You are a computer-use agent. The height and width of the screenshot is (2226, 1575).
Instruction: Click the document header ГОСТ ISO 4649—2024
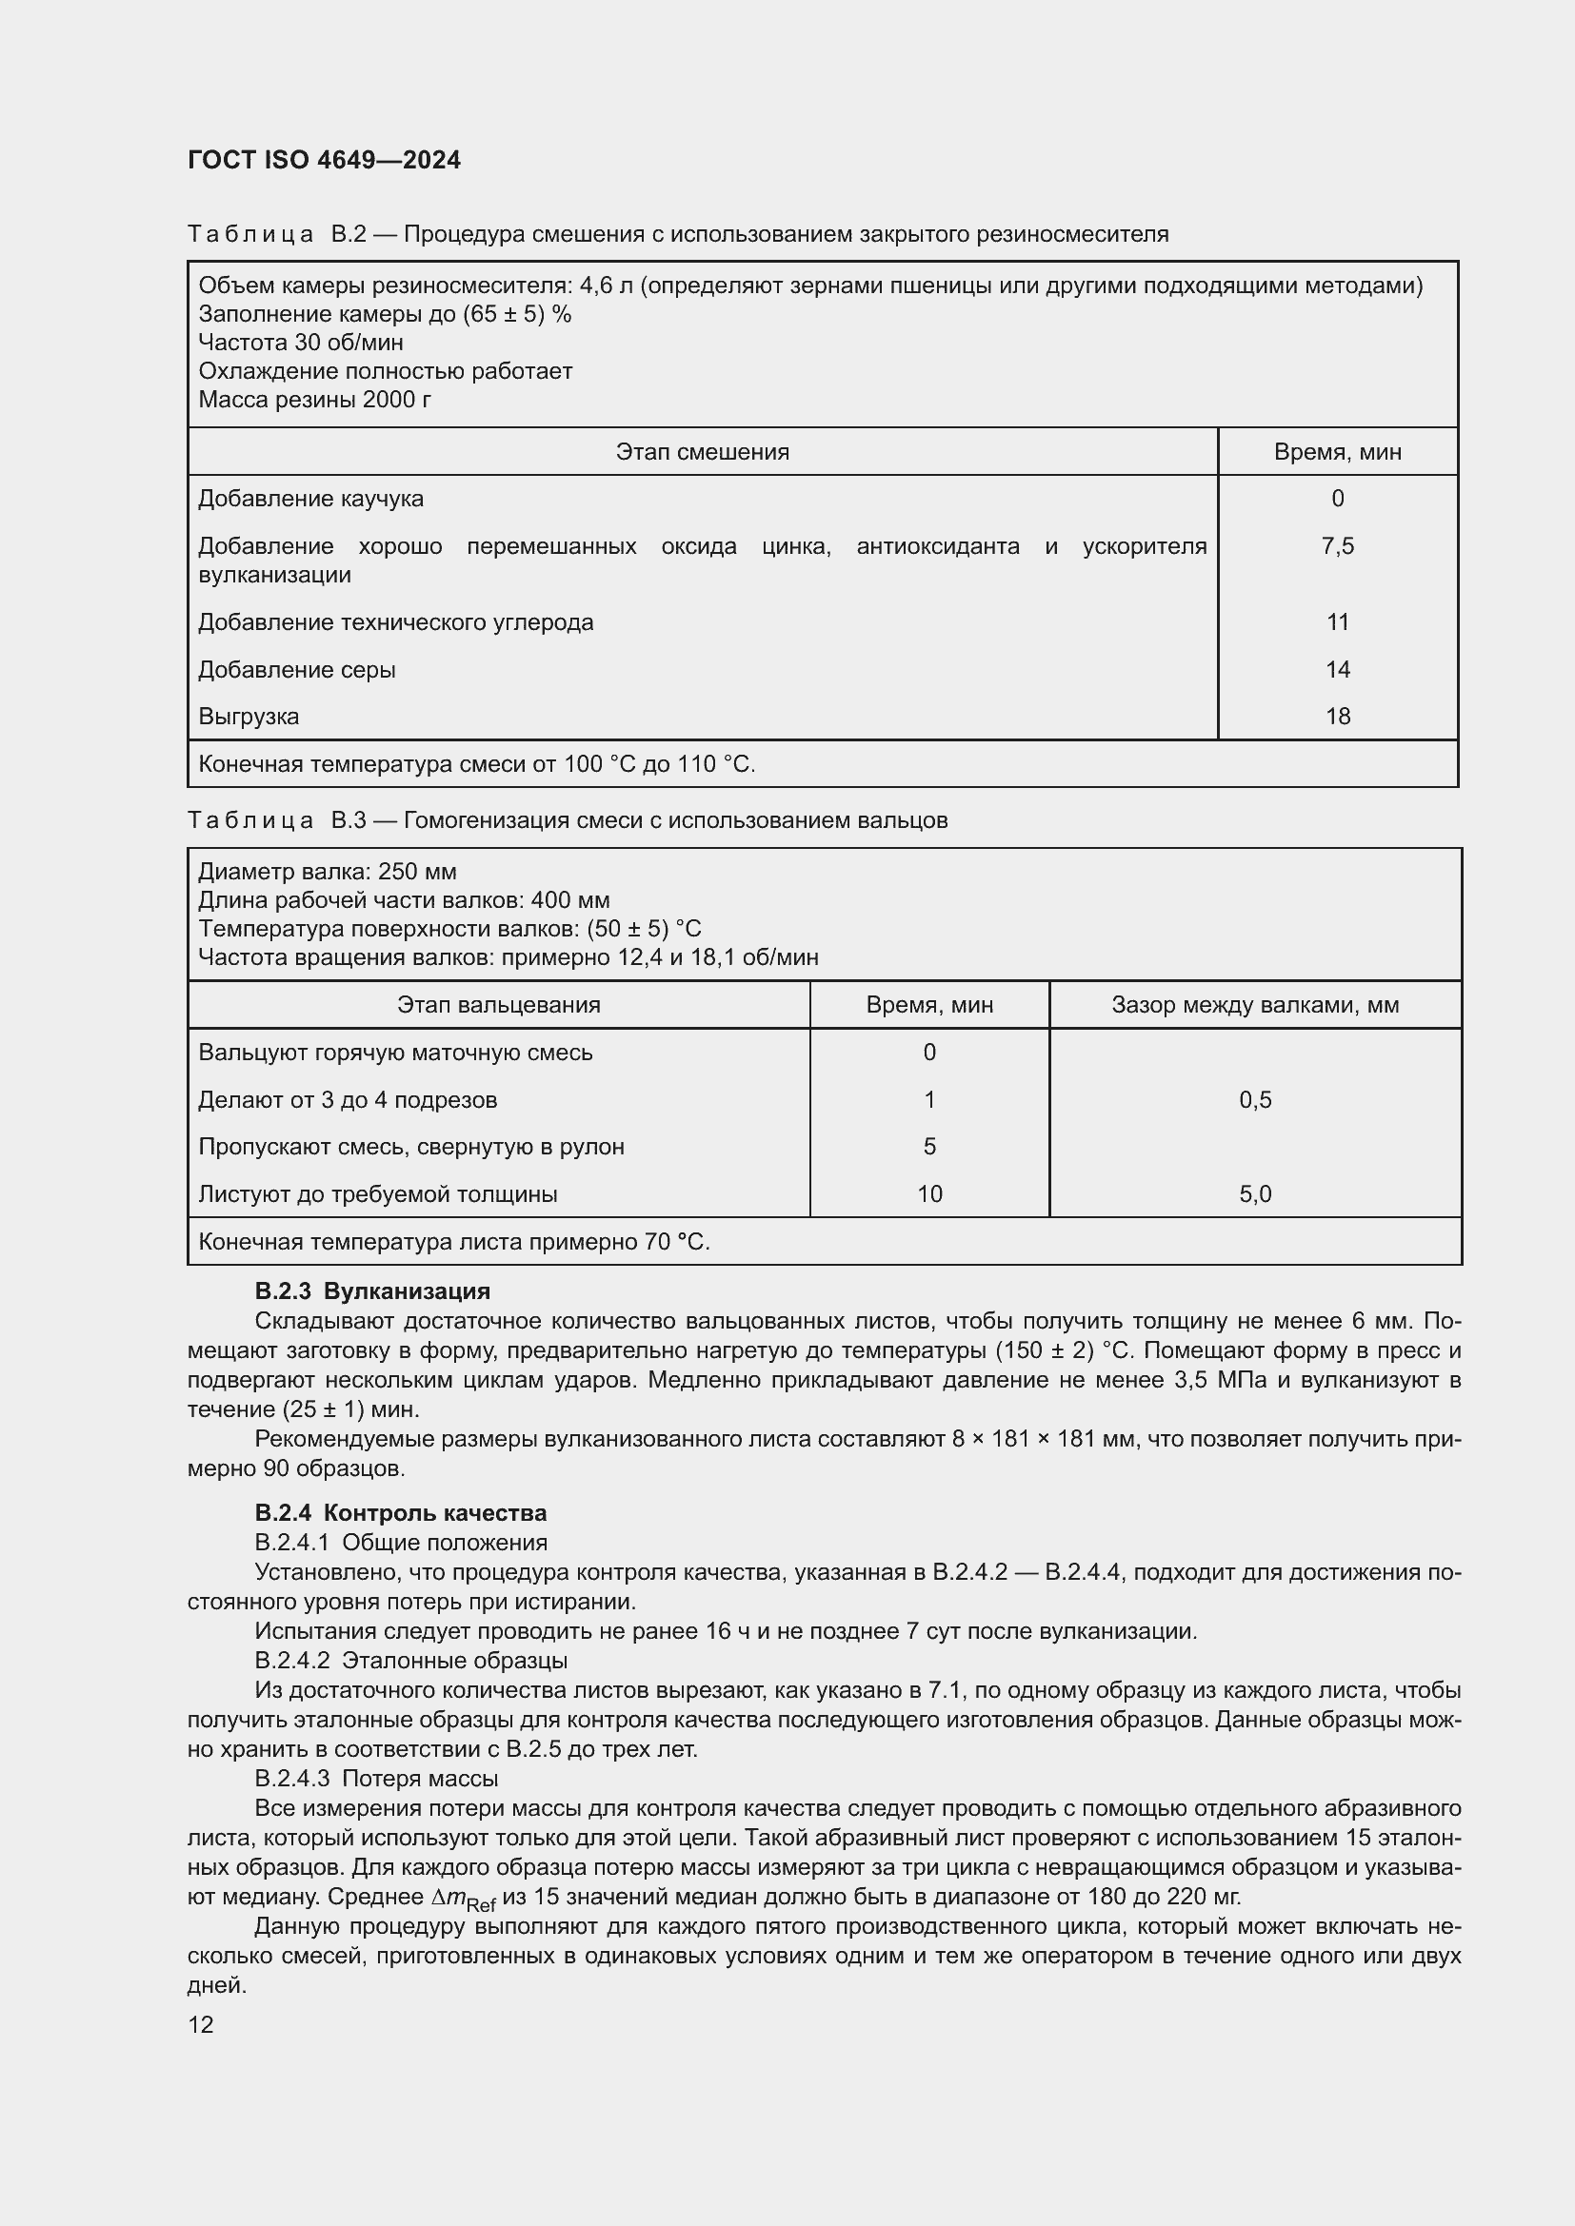pyautogui.click(x=324, y=160)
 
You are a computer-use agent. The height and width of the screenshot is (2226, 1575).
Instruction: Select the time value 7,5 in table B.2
pyautogui.click(x=1337, y=546)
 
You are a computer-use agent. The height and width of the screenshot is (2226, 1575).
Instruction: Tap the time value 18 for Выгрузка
pyautogui.click(x=1337, y=717)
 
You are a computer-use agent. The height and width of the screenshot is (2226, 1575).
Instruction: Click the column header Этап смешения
pyautogui.click(x=702, y=452)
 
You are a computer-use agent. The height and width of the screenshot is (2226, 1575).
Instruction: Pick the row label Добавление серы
pyautogui.click(x=297, y=669)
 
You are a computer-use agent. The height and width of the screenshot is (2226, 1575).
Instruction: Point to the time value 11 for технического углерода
pyautogui.click(x=1337, y=621)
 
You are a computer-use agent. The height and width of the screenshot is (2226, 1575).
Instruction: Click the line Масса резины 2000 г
pyautogui.click(x=314, y=400)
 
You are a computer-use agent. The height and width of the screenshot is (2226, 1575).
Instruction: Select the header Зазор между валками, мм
pyautogui.click(x=1255, y=1004)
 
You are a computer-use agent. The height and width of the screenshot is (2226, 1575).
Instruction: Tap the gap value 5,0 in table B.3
pyautogui.click(x=1255, y=1193)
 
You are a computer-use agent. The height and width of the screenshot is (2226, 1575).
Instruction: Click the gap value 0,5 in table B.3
pyautogui.click(x=1255, y=1099)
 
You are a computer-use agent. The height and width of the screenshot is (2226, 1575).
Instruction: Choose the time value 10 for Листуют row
pyautogui.click(x=929, y=1193)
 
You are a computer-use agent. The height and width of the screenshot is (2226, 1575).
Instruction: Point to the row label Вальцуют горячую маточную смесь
pyautogui.click(x=395, y=1052)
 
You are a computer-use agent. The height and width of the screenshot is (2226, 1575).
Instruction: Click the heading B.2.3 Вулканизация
pyautogui.click(x=372, y=1291)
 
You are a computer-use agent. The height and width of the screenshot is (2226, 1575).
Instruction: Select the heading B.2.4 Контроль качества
pyautogui.click(x=401, y=1512)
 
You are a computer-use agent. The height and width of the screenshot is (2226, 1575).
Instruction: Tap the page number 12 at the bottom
pyautogui.click(x=201, y=2024)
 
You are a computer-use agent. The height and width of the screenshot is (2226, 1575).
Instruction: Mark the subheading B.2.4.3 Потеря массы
pyautogui.click(x=376, y=1778)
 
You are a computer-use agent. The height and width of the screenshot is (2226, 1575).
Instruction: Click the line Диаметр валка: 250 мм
pyautogui.click(x=327, y=872)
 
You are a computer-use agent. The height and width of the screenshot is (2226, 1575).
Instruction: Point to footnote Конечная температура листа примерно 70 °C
pyautogui.click(x=454, y=1241)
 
